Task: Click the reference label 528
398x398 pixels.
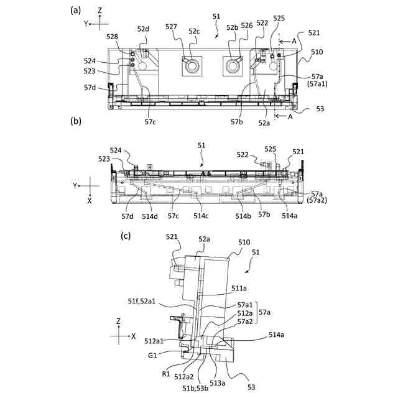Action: [x=113, y=37]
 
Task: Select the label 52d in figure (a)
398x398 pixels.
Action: [x=144, y=29]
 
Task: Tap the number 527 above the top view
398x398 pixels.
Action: [x=172, y=26]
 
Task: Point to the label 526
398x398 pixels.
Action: [x=246, y=26]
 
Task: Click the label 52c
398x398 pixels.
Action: [x=195, y=30]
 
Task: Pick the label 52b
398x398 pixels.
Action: [x=233, y=28]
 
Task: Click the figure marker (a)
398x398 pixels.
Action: [x=76, y=10]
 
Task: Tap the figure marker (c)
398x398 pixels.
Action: [x=126, y=236]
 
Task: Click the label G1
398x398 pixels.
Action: [x=152, y=355]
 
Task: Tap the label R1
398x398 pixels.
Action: [x=167, y=374]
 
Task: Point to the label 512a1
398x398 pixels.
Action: [x=155, y=341]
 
